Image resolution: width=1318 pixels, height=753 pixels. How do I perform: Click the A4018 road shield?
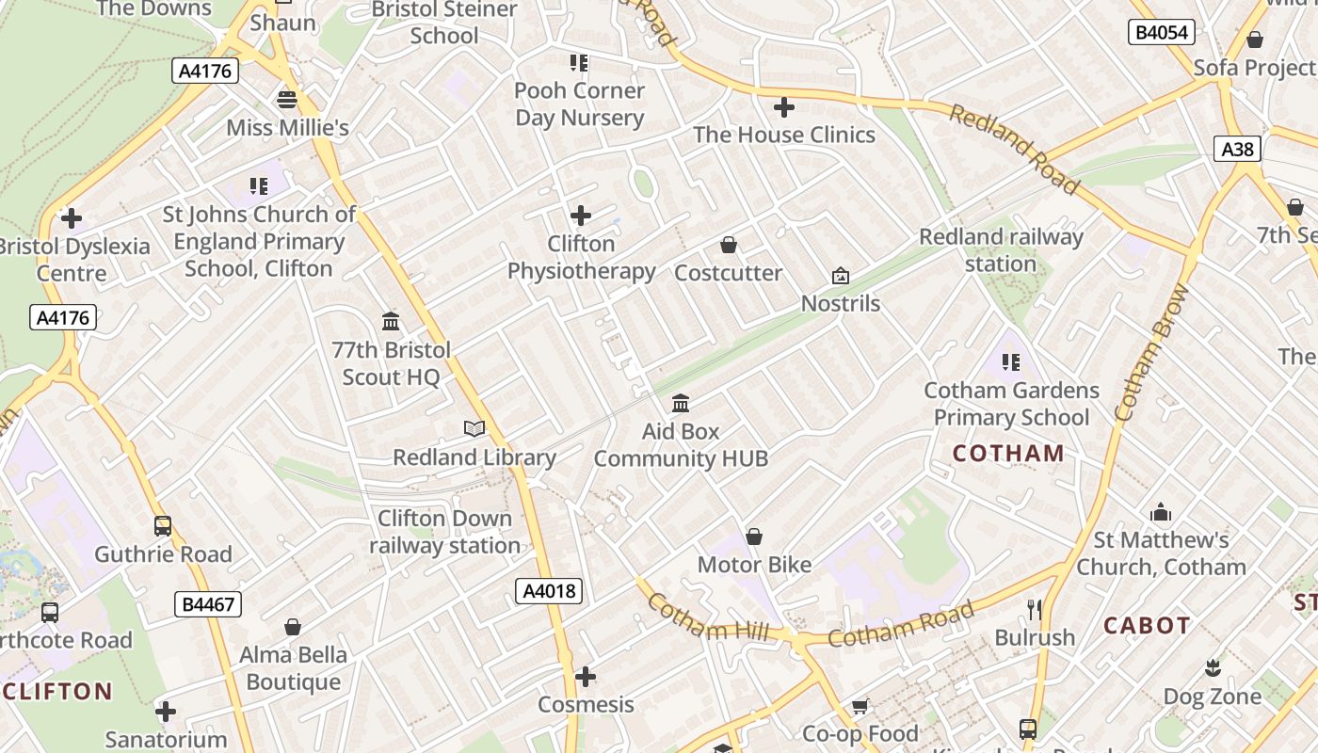(x=549, y=591)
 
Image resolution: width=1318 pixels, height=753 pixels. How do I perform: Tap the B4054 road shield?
(x=1161, y=32)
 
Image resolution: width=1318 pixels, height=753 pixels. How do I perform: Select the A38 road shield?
(x=1236, y=149)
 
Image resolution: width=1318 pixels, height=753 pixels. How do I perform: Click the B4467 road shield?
(x=208, y=604)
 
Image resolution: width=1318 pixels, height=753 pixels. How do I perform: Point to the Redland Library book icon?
(x=474, y=429)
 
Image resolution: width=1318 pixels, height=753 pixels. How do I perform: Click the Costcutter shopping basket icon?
(x=728, y=246)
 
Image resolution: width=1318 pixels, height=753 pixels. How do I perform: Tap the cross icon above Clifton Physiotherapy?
(x=581, y=216)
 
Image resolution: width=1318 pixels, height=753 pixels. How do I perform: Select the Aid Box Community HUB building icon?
(x=681, y=404)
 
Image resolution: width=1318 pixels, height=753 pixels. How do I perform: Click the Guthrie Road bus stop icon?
(x=163, y=526)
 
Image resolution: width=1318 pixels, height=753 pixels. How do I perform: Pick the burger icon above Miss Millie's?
(x=287, y=100)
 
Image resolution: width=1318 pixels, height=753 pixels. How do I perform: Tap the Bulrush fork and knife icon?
(x=1035, y=610)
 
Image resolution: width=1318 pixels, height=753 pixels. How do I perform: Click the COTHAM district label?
(x=1008, y=454)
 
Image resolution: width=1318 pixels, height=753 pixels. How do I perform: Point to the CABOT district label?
(x=1147, y=626)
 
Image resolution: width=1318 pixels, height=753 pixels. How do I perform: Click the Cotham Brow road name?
(x=1151, y=353)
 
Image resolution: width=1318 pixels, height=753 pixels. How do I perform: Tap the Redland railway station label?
(x=1001, y=250)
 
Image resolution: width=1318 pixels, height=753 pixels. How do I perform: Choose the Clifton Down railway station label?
(x=443, y=532)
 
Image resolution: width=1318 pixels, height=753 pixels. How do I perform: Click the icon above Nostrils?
(x=840, y=276)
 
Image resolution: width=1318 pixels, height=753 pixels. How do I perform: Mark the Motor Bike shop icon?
(x=753, y=537)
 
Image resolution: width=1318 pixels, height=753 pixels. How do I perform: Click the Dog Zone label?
(x=1213, y=697)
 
